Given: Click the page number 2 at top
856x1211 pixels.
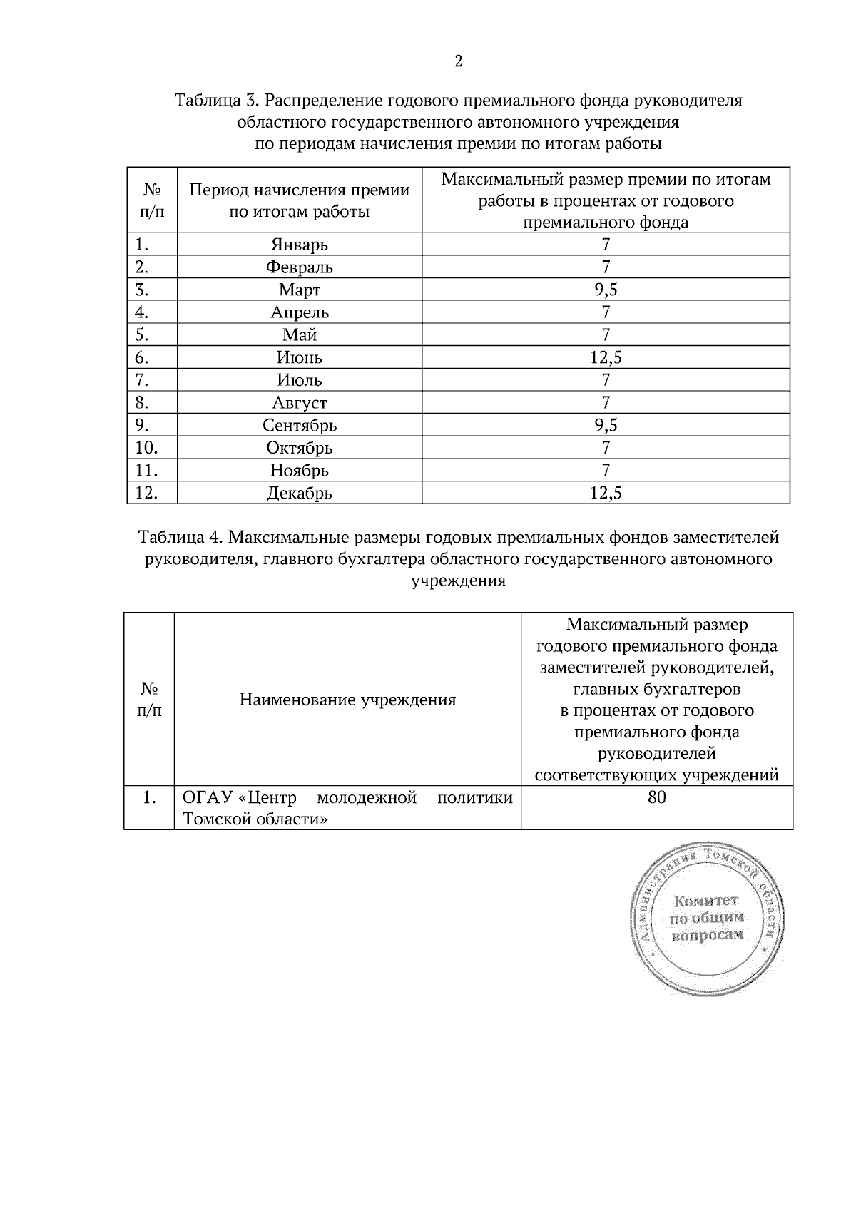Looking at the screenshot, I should [x=458, y=62].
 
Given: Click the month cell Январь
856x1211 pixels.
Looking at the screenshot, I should [x=299, y=245].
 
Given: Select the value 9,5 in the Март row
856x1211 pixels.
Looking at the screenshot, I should [x=606, y=290].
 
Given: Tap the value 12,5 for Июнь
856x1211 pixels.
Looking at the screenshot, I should [x=606, y=357].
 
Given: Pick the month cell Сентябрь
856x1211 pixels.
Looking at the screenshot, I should [x=299, y=426].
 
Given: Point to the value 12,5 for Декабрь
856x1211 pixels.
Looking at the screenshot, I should [x=606, y=493].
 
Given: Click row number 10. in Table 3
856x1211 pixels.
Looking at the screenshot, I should [x=146, y=448].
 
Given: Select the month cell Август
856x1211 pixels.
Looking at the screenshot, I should [x=299, y=403].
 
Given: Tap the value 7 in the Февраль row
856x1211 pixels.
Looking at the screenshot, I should [x=606, y=267].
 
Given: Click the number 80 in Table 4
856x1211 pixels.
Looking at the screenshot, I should [x=656, y=797].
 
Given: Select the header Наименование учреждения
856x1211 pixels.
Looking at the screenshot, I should [x=347, y=700].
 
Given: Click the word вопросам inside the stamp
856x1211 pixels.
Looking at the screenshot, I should [x=707, y=935].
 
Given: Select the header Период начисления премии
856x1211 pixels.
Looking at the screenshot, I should [x=299, y=190].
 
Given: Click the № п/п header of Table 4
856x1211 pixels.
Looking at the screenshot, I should [x=149, y=700].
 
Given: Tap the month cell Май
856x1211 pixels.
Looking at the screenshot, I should [x=299, y=335].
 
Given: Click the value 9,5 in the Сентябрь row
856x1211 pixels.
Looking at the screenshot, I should [x=606, y=426].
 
